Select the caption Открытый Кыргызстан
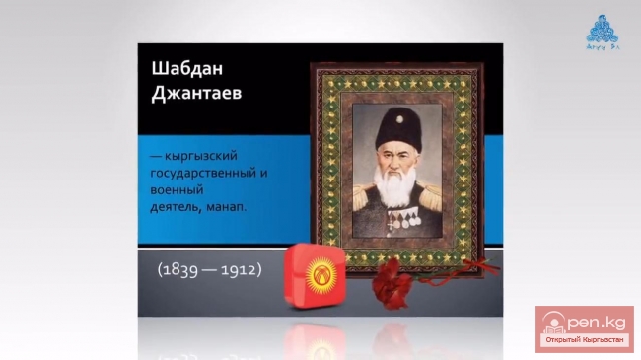click(585, 340)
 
